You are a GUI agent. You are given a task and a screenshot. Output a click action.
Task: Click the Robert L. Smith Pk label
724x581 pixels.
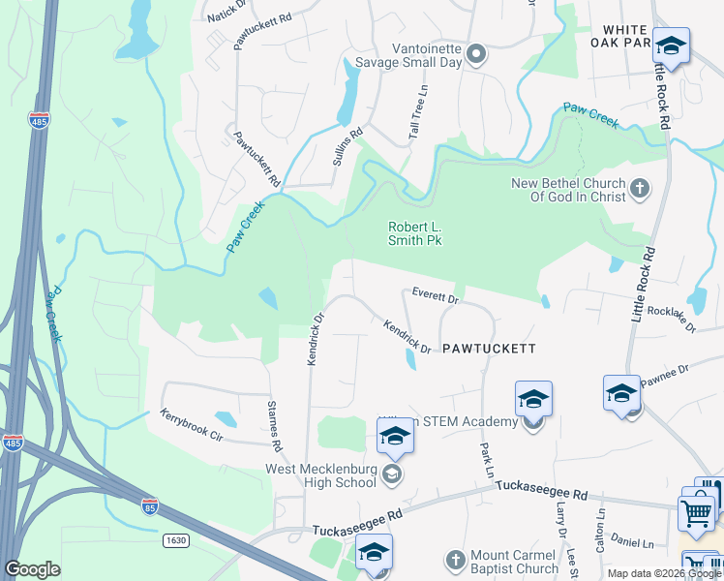[x=414, y=233]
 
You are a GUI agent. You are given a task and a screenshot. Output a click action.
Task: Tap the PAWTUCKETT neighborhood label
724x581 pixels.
[x=488, y=347]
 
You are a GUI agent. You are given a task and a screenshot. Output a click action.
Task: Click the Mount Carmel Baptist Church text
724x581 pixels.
[x=515, y=563]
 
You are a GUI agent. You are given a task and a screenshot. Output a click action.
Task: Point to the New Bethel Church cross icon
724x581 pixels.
[x=639, y=188]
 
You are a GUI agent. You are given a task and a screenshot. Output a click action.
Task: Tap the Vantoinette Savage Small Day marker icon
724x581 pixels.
[x=475, y=55]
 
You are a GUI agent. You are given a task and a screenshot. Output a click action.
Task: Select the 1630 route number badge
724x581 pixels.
[x=174, y=539]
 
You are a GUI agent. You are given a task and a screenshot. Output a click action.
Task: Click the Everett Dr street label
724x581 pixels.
[x=434, y=299]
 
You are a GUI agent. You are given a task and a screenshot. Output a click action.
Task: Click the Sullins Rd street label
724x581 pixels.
[x=347, y=146]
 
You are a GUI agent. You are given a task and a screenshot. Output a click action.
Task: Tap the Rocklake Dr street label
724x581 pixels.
[x=672, y=319]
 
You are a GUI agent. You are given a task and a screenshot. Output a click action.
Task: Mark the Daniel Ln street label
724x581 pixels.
[x=634, y=545]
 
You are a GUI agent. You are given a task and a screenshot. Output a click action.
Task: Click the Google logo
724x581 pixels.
[x=32, y=569]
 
